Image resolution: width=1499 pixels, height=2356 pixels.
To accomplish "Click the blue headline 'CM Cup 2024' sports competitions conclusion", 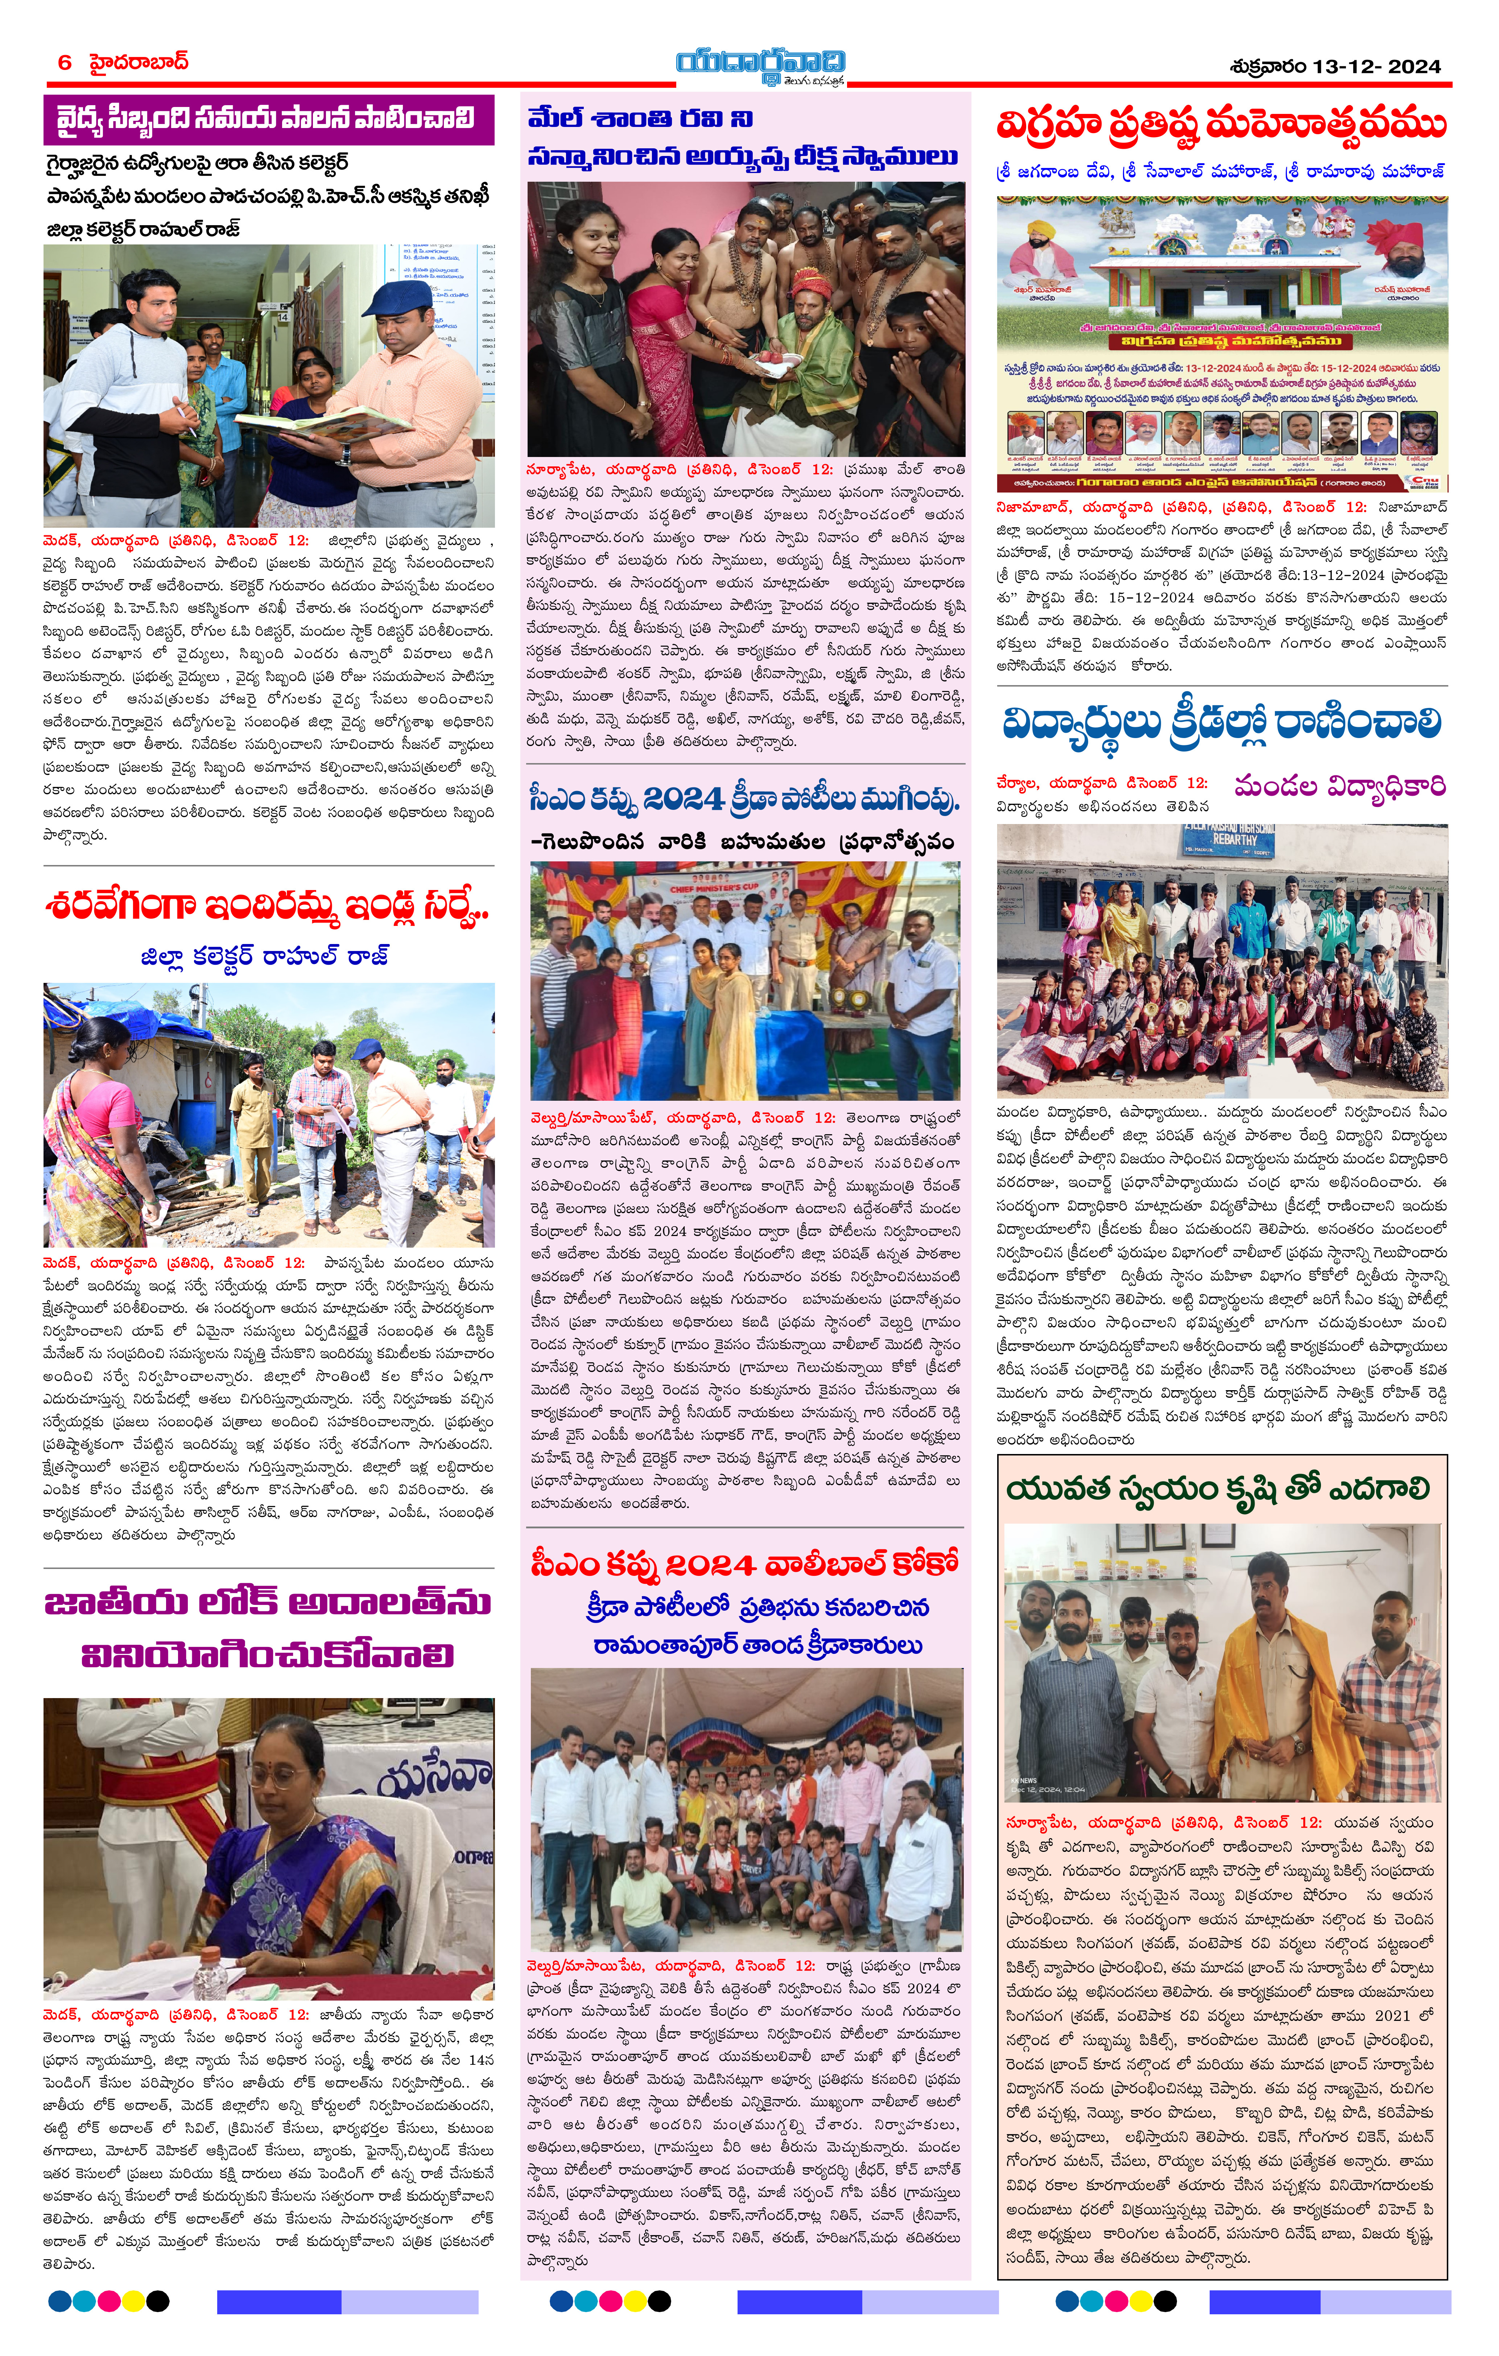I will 744,800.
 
